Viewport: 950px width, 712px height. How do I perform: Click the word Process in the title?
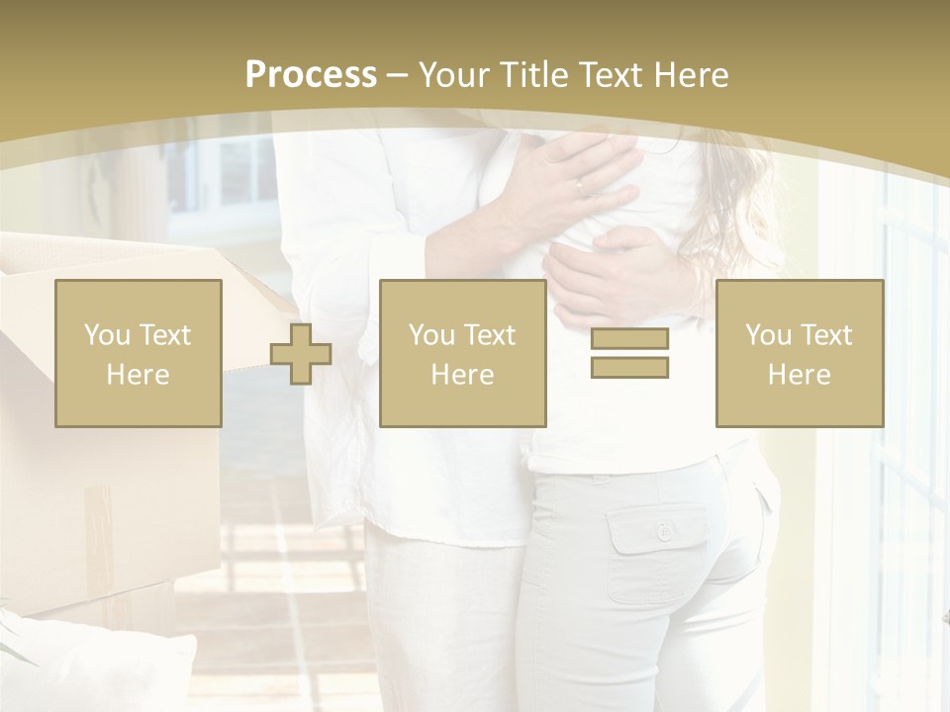coord(311,75)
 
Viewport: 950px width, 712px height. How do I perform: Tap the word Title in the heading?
coord(534,75)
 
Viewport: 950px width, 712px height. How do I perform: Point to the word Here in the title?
coord(693,75)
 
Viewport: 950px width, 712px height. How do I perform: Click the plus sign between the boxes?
coord(301,354)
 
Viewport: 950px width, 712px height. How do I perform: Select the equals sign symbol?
coord(629,353)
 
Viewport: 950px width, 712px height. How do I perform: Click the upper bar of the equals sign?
coord(629,339)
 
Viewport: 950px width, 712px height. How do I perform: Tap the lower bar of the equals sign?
coord(629,367)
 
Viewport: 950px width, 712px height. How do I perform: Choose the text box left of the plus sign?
coord(139,353)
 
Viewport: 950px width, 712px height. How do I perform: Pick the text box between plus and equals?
coord(462,353)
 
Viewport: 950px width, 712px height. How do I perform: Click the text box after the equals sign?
coord(799,353)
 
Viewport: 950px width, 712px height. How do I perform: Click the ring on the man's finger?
coord(580,184)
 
